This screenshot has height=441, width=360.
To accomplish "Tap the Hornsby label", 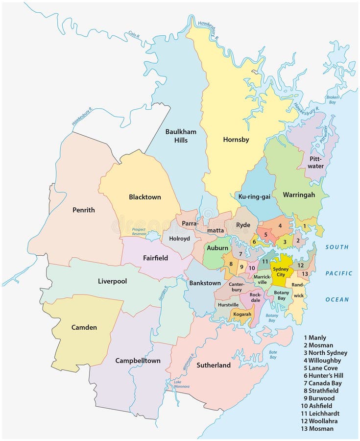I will [x=236, y=140].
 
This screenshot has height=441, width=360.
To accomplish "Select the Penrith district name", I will [x=83, y=210].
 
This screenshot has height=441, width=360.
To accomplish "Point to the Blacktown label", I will [x=144, y=197].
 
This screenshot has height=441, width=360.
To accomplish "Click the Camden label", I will [x=84, y=327].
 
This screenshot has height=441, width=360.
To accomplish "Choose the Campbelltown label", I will [x=138, y=361].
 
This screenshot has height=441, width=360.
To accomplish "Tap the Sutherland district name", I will [x=213, y=365].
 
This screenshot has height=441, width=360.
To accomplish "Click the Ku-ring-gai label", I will [x=254, y=196].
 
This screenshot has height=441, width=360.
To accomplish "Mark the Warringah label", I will [x=299, y=195].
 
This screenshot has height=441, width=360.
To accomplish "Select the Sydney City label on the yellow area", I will [x=281, y=272].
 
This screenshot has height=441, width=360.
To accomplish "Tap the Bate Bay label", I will [x=273, y=354].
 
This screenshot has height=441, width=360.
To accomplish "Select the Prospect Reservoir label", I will [x=140, y=232].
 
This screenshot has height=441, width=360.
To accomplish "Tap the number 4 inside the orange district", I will [x=280, y=226].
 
